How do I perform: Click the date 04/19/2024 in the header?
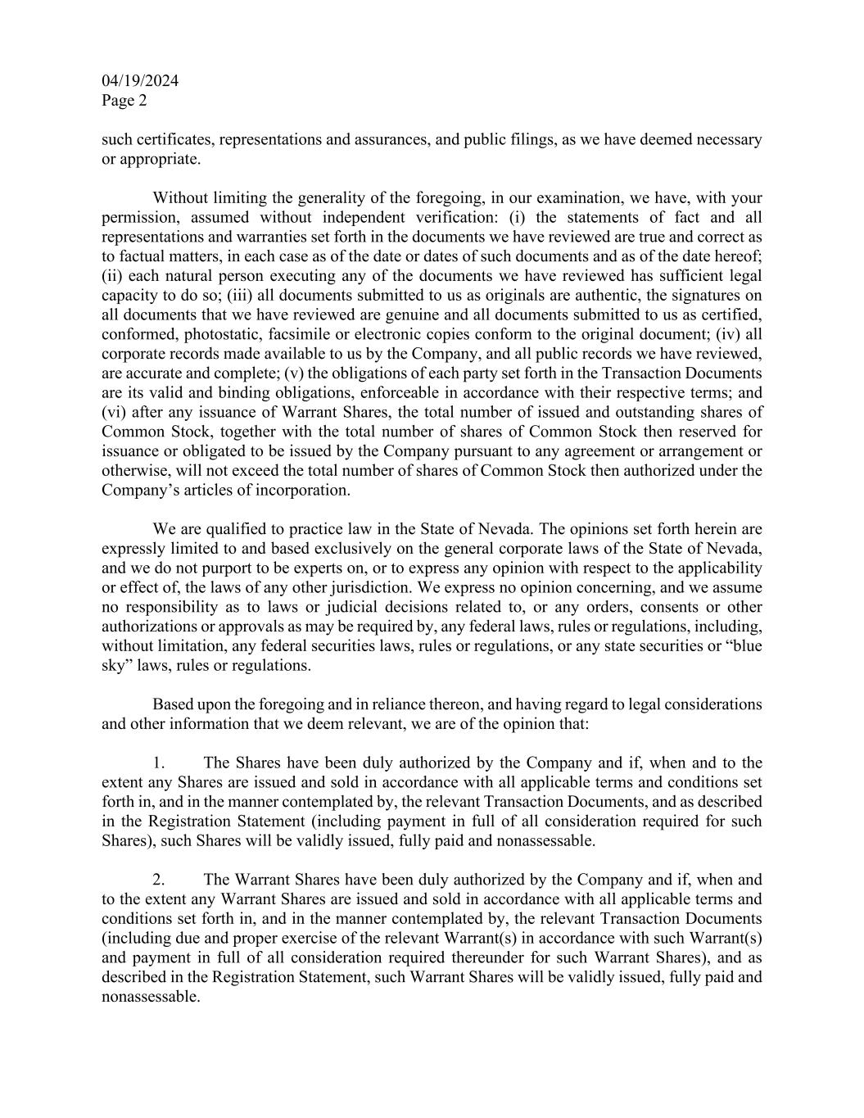[140, 81]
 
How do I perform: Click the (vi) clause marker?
[112, 412]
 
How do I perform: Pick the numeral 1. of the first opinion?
[160, 763]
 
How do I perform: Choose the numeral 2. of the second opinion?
[160, 880]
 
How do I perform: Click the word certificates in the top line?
[174, 139]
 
